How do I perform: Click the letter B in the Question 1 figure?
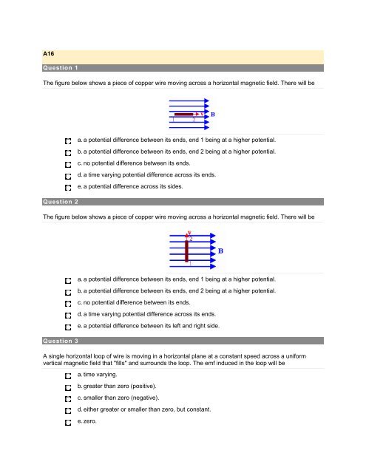(214, 115)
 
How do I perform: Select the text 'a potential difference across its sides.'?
(133, 187)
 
